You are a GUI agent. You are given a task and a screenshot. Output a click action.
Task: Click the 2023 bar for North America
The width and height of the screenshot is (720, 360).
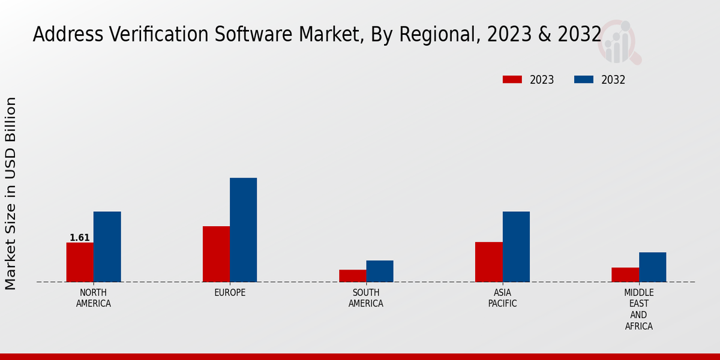pyautogui.click(x=80, y=262)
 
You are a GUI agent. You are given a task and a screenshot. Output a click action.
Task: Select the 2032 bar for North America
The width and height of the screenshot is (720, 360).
pyautogui.click(x=107, y=247)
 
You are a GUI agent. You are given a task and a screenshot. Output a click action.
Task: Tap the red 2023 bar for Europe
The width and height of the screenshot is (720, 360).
pyautogui.click(x=216, y=254)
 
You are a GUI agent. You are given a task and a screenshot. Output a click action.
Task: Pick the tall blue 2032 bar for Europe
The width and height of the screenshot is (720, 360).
pyautogui.click(x=243, y=230)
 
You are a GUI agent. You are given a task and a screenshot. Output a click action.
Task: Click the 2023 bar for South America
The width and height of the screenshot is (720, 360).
pyautogui.click(x=352, y=275)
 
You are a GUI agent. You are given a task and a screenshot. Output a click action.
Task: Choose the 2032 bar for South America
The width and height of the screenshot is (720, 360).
pyautogui.click(x=380, y=271)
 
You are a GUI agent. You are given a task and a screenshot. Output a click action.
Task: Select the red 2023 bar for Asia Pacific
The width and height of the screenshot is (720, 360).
pyautogui.click(x=488, y=262)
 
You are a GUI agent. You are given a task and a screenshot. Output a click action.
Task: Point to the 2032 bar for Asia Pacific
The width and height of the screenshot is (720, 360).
pyautogui.click(x=516, y=247)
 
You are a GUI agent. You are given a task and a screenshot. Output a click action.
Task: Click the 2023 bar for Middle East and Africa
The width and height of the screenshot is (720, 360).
pyautogui.click(x=625, y=275)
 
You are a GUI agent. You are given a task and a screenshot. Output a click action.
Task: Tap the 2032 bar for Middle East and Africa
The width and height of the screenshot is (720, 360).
pyautogui.click(x=652, y=267)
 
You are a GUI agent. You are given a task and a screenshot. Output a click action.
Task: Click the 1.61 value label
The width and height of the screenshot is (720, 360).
pyautogui.click(x=80, y=238)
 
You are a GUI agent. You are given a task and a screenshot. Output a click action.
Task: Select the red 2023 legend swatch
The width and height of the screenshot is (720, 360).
pyautogui.click(x=512, y=80)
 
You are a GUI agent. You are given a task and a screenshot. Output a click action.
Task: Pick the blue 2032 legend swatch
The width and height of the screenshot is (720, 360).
pyautogui.click(x=584, y=80)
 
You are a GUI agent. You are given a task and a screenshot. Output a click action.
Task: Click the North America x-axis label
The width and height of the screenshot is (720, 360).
pyautogui.click(x=94, y=298)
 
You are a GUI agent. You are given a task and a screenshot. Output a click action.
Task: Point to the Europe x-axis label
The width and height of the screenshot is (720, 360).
pyautogui.click(x=230, y=293)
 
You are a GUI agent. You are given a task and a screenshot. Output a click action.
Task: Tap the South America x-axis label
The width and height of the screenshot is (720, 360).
pyautogui.click(x=366, y=298)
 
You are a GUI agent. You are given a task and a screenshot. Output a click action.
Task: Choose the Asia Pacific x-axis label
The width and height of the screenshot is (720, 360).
pyautogui.click(x=502, y=298)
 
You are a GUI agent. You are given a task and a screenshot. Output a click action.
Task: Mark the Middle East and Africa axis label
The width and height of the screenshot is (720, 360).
pyautogui.click(x=638, y=309)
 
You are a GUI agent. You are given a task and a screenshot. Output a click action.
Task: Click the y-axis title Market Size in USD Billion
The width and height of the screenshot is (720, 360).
pyautogui.click(x=11, y=193)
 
